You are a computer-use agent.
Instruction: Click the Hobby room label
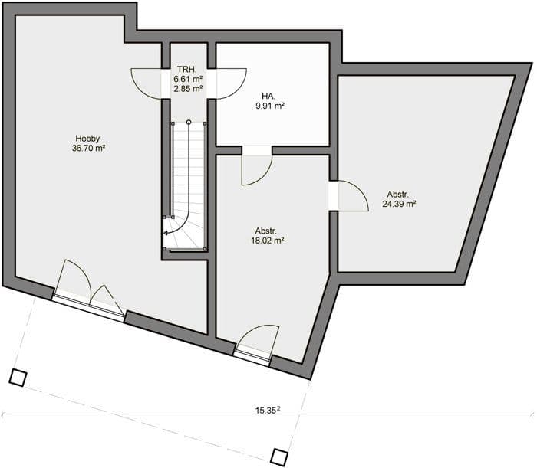[x=87, y=139]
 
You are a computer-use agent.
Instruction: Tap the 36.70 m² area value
[x=88, y=149]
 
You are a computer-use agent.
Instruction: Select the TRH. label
[x=187, y=70]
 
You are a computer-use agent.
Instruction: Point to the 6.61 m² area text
[x=188, y=79]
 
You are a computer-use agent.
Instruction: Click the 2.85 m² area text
[x=188, y=89]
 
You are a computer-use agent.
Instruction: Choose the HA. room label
[x=268, y=96]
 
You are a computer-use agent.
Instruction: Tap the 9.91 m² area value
[x=270, y=106]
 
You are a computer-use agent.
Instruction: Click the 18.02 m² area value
[x=268, y=241]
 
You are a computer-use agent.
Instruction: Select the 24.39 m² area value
[x=399, y=204]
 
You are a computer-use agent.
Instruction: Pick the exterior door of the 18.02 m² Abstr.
[x=257, y=341]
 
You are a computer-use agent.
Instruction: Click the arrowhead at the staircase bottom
[x=165, y=233]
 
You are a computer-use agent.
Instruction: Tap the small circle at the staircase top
[x=189, y=122]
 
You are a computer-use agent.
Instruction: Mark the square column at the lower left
[x=18, y=378]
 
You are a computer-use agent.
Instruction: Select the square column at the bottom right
[x=279, y=457]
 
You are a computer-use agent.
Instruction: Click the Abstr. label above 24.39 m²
[x=398, y=195]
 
